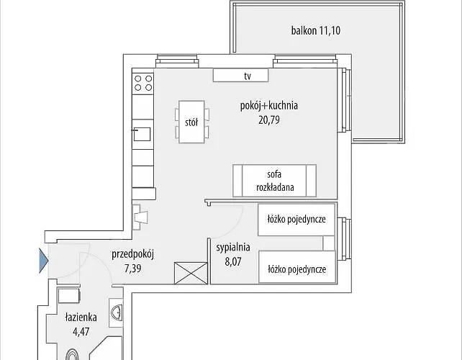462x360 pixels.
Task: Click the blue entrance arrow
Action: (44, 261)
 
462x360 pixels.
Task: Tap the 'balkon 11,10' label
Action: (316, 31)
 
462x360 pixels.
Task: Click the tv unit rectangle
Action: (241, 76)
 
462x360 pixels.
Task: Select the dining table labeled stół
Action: (191, 122)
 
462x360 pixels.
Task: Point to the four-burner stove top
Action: (143, 83)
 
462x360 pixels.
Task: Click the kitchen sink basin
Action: (142, 134)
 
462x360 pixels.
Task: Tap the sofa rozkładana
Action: (274, 181)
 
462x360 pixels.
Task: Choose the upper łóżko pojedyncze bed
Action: (296, 220)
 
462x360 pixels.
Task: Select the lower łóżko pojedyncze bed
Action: (297, 267)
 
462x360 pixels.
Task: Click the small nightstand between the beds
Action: (329, 243)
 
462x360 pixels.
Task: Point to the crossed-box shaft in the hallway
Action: (191, 274)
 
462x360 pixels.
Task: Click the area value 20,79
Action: (269, 120)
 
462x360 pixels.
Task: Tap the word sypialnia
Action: (233, 248)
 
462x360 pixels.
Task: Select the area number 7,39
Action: (132, 269)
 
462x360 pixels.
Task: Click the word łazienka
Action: (81, 318)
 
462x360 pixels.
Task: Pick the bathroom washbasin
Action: (117, 312)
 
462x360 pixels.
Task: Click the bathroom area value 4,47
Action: (81, 332)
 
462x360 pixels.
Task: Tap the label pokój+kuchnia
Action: (269, 106)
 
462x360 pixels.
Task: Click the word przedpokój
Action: (133, 254)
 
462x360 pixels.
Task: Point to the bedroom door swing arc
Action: (236, 226)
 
